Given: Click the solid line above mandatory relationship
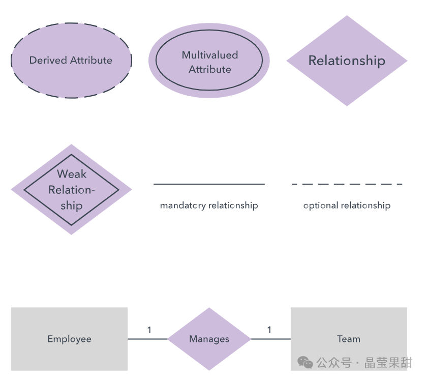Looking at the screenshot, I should pos(209,184).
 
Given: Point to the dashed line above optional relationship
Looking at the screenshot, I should pos(347,184).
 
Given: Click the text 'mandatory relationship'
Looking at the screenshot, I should pos(209,206).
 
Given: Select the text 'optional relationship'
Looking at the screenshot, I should pos(347,206).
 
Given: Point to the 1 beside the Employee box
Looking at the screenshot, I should pos(149,330).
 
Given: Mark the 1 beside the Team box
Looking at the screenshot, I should pos(269,330).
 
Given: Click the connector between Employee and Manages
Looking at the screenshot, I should pos(147,339).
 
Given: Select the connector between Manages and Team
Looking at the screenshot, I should pos(271,339).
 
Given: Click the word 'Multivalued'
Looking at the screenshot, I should pos(210,55).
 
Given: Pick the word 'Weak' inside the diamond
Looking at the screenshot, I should pos(72,174).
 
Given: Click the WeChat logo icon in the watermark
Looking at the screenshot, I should pos(306,362).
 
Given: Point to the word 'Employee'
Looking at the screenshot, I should pos(69,339).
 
